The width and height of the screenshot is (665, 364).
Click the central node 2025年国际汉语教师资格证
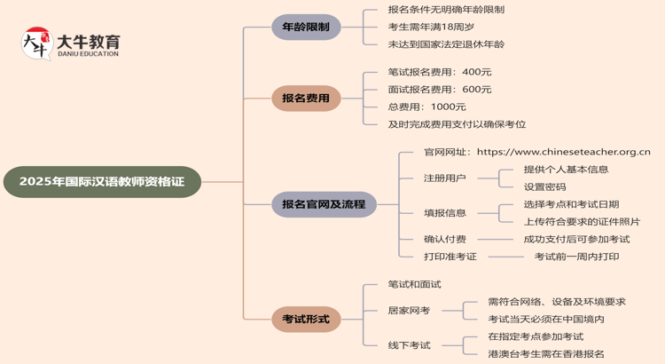click(102, 182)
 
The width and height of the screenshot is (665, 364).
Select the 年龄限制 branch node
click(306, 27)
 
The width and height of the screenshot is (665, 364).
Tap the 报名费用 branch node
click(306, 98)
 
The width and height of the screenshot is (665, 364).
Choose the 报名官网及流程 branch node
click(324, 204)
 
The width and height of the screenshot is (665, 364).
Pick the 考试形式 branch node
click(306, 319)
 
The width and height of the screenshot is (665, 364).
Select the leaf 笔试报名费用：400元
click(440, 72)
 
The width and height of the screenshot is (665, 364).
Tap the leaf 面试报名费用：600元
click(440, 89)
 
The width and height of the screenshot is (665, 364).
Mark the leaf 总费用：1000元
click(426, 107)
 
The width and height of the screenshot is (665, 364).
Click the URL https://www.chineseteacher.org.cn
click(563, 152)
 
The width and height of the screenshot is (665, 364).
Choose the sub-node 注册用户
click(444, 178)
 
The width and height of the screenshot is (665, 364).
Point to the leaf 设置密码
click(544, 186)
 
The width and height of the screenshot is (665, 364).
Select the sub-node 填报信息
click(444, 213)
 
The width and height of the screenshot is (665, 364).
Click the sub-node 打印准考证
click(450, 257)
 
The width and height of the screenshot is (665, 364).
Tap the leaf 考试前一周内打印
click(576, 257)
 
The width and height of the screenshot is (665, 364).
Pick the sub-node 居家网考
click(409, 310)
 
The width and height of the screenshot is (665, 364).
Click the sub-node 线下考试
click(409, 344)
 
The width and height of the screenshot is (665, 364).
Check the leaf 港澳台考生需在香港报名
click(546, 353)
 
